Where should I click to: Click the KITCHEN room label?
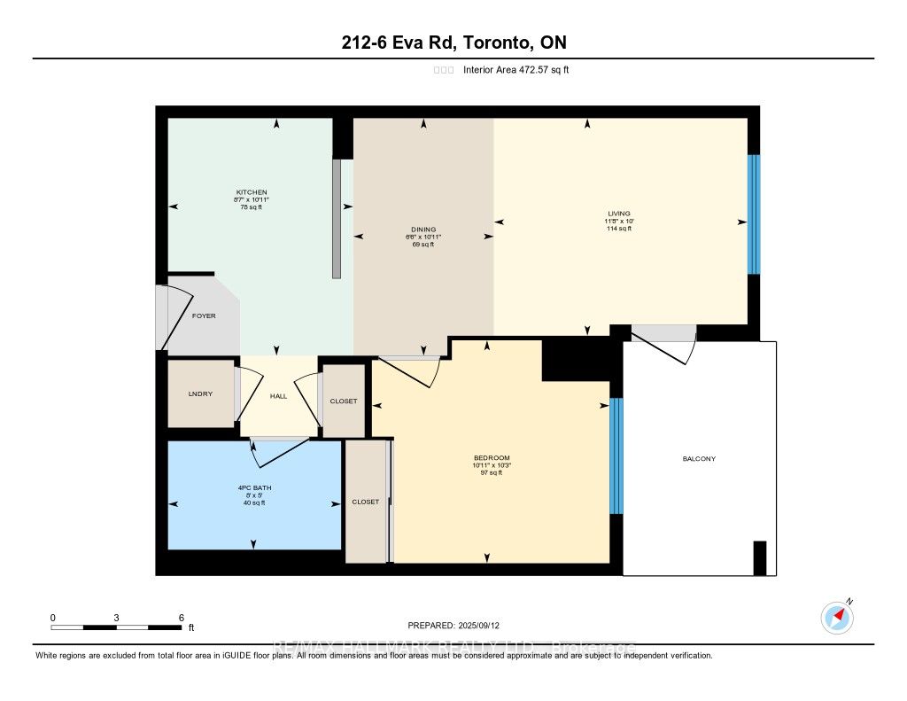[x=251, y=192]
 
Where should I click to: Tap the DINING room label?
[x=423, y=230]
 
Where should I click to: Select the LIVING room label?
[x=619, y=214]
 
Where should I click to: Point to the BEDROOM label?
[x=491, y=458]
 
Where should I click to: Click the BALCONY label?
[x=699, y=458]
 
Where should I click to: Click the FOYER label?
[x=203, y=315]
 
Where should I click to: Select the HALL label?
[x=279, y=396]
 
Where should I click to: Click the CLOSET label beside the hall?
[x=344, y=401]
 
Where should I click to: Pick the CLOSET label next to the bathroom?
[x=365, y=502]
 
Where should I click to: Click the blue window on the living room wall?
[x=754, y=214]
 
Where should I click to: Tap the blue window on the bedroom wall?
[x=616, y=456]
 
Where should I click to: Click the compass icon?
[x=837, y=616]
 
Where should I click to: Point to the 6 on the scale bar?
[x=182, y=617]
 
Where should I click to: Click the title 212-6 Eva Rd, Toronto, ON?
[x=453, y=43]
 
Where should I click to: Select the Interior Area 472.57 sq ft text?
[x=515, y=69]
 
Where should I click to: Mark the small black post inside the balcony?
[x=759, y=557]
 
